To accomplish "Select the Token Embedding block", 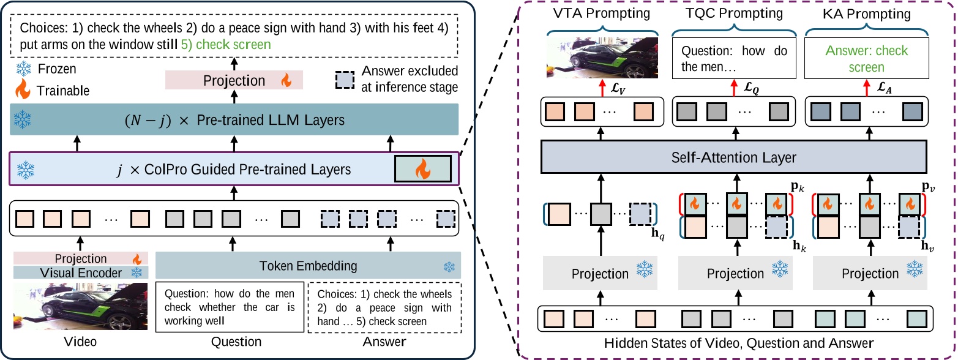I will pos(309,266).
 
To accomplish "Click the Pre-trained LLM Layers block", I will pos(235,120).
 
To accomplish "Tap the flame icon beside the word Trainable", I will pos(23,90).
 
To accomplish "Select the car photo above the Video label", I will pos(81,305).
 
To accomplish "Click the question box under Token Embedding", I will pos(230,306).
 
